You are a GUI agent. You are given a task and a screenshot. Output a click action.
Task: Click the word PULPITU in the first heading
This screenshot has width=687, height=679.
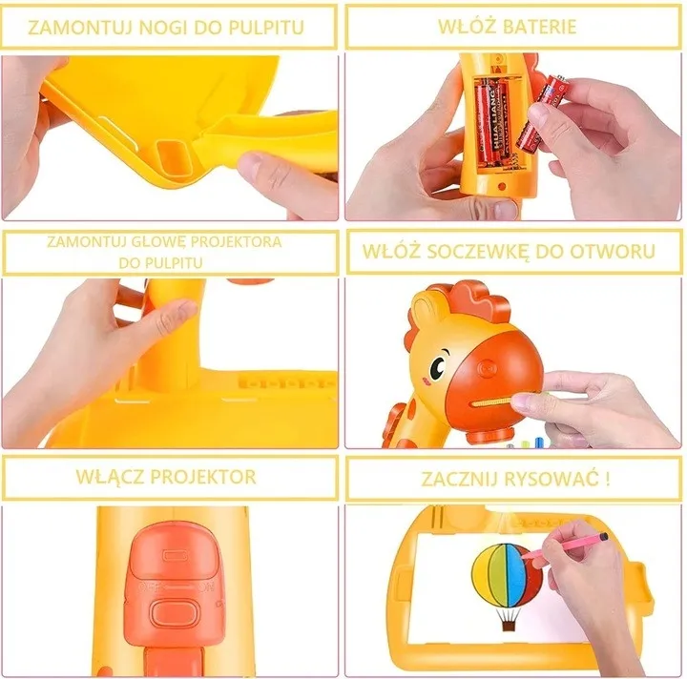tap(266, 28)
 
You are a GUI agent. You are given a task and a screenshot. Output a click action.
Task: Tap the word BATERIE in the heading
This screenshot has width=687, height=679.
tap(539, 27)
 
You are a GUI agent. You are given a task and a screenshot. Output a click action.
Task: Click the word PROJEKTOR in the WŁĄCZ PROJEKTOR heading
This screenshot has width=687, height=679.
tap(203, 477)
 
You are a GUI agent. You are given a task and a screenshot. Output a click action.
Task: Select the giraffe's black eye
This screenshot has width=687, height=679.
tap(438, 366)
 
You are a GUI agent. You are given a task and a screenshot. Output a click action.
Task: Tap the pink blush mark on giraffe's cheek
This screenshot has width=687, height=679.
tap(425, 381)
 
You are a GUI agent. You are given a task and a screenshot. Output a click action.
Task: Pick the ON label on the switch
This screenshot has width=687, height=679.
tap(205, 588)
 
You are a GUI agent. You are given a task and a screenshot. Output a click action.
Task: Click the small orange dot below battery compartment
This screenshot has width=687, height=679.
tap(502, 187)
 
